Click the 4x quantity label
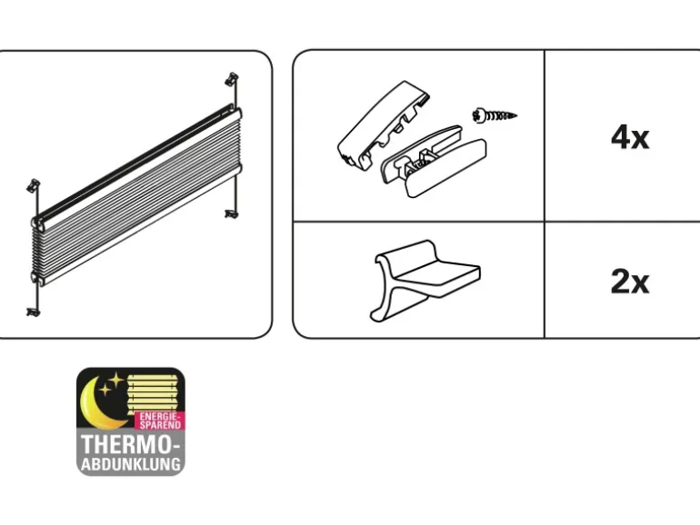629,137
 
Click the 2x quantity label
629,282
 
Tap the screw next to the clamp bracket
495,116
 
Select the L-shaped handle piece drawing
425,281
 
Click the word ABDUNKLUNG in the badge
131,464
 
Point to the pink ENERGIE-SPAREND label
160,421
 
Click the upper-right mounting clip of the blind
231,79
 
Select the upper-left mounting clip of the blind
33,185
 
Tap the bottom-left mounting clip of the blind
33,312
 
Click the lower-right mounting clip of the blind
231,214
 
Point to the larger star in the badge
116,381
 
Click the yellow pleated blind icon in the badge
156,393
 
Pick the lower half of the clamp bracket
434,161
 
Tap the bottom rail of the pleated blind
136,224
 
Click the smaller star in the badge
105,390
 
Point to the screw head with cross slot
478,116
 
